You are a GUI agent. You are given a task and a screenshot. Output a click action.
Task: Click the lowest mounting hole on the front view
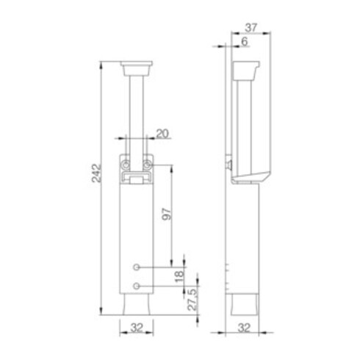[x=136, y=285]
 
